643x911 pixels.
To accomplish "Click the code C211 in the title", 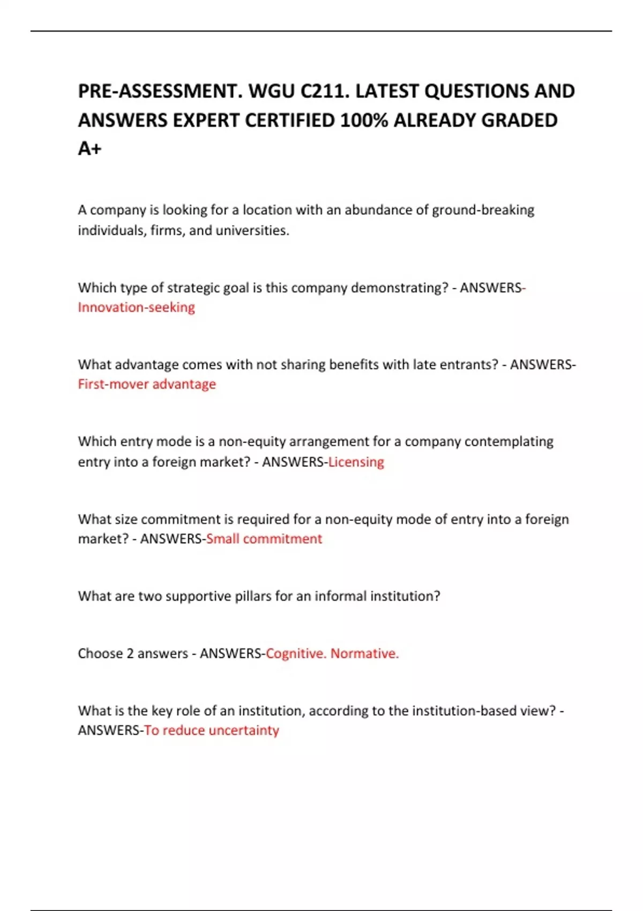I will tap(324, 92).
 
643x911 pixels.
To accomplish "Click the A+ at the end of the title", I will tap(89, 149).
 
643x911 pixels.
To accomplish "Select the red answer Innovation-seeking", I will tap(136, 308).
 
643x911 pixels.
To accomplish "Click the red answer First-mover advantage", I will tap(147, 384).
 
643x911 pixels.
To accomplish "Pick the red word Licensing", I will tap(356, 462).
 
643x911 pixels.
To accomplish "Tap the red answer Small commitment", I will tap(264, 539).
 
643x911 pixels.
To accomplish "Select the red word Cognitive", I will tap(296, 654).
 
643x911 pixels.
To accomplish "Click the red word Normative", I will tap(364, 654).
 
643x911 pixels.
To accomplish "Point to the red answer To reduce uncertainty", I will tap(212, 730).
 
